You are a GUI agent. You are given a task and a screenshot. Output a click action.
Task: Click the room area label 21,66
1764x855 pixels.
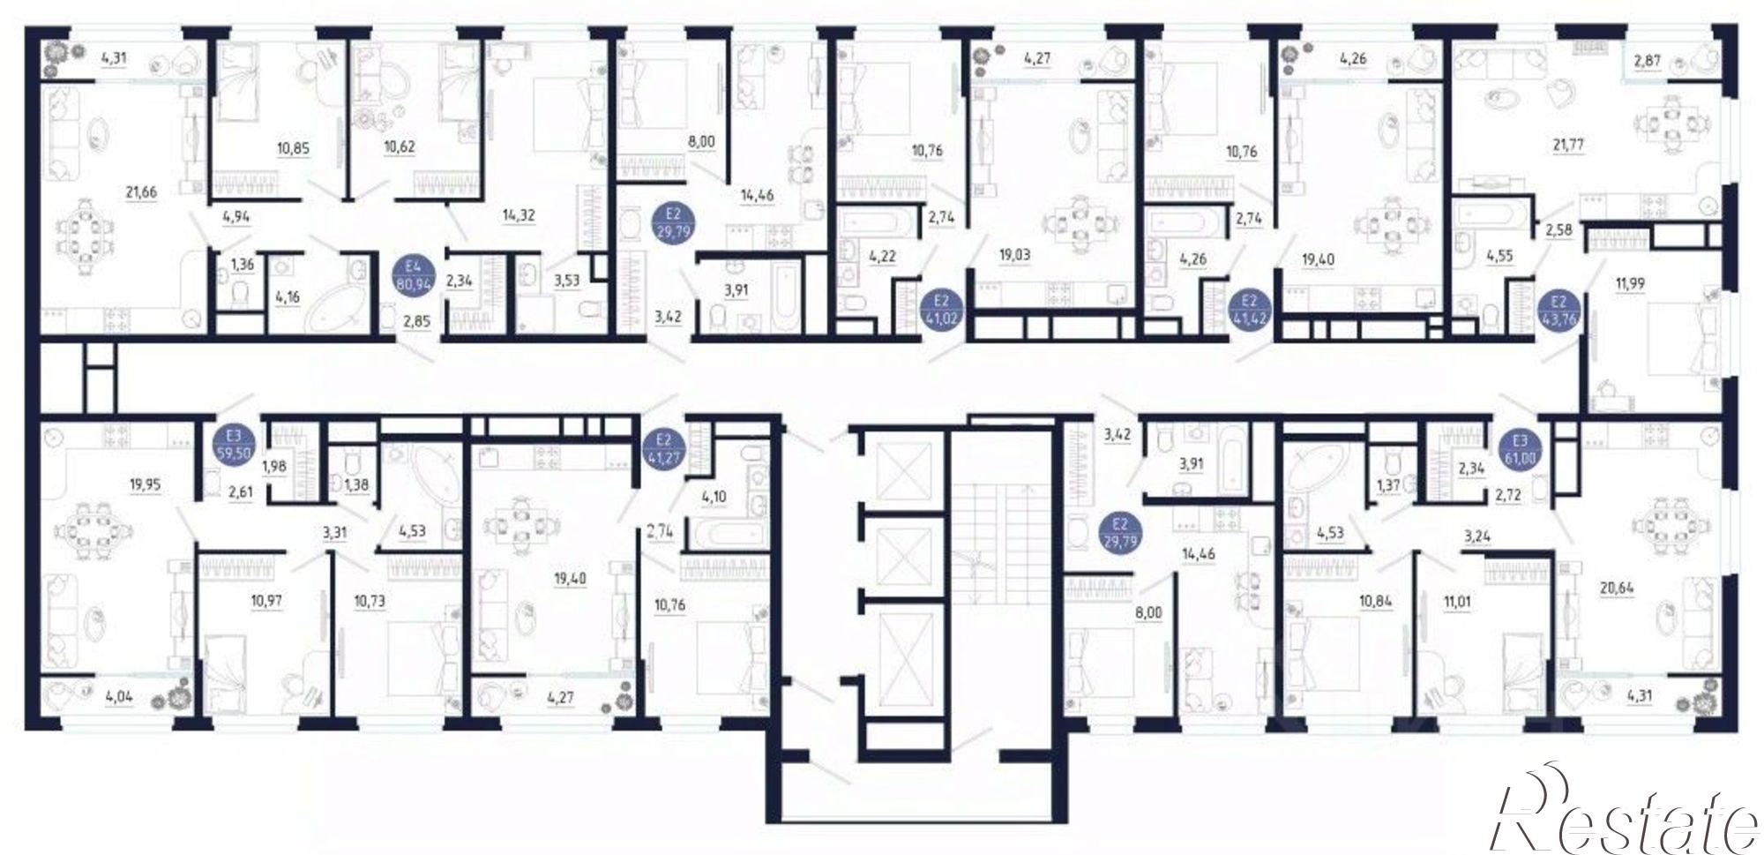[141, 191]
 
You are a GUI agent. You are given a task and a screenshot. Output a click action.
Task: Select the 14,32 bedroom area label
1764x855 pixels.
[519, 214]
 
